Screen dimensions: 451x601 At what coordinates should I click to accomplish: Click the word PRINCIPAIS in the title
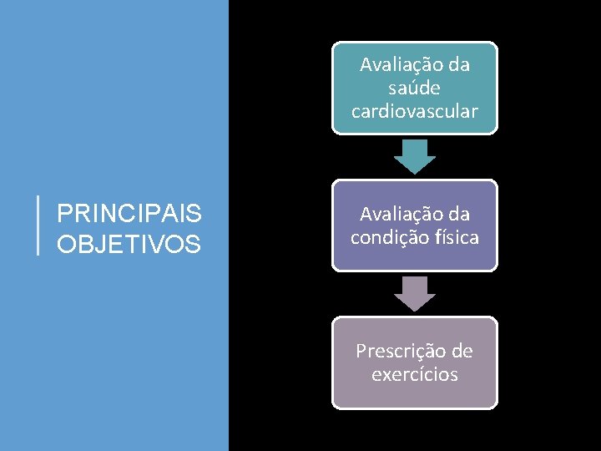click(129, 215)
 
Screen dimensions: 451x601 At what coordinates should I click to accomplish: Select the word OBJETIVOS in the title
click(129, 245)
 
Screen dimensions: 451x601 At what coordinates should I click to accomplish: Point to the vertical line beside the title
click(38, 225)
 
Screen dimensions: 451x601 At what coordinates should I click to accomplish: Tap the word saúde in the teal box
click(414, 88)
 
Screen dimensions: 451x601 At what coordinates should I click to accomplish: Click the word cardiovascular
click(414, 111)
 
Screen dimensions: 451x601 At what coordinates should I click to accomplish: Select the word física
click(457, 238)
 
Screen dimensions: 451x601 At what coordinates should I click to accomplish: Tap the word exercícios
click(414, 374)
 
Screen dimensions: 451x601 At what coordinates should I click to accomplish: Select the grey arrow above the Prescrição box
click(414, 293)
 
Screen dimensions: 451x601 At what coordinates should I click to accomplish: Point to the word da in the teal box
click(458, 64)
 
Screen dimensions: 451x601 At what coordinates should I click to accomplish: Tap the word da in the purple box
click(458, 215)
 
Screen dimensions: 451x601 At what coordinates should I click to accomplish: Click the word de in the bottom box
click(462, 350)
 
